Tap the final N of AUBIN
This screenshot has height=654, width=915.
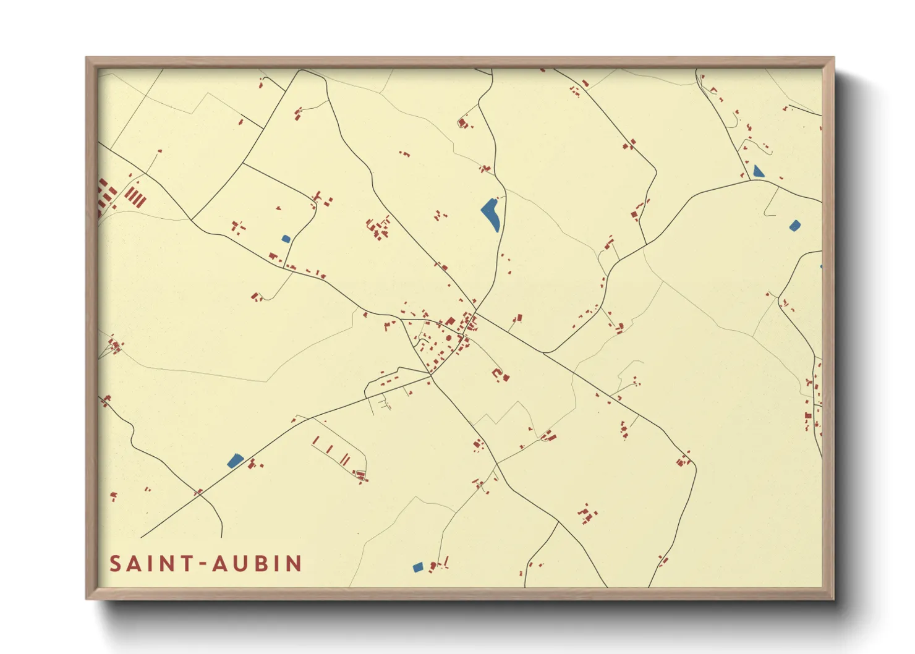294,564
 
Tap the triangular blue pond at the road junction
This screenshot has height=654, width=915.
758,171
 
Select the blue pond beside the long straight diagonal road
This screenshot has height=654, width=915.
235,461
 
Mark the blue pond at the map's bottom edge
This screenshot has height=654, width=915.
418,567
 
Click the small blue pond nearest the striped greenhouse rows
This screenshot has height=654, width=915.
286,239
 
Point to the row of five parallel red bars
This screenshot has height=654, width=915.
135,197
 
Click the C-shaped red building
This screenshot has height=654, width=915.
497,373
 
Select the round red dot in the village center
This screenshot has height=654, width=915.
448,338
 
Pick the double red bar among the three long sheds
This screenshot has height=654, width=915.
345,459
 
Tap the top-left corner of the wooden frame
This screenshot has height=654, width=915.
87,58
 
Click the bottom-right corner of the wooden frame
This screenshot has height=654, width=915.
833,598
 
